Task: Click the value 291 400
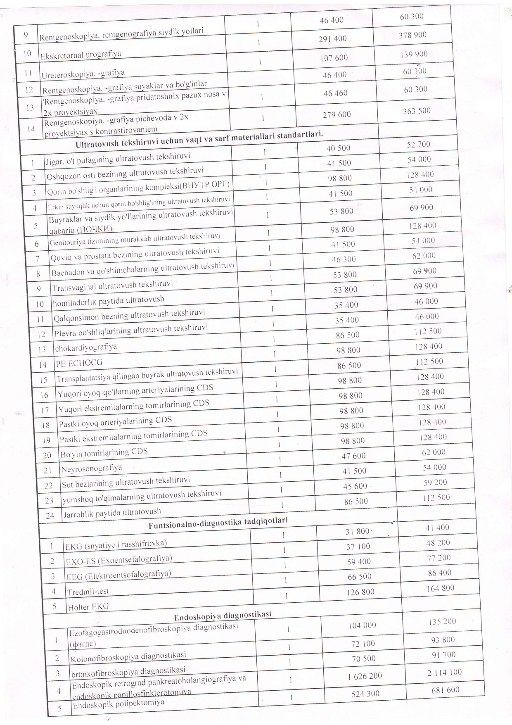[x=332, y=38]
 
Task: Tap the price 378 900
[x=412, y=35]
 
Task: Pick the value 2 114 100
[x=444, y=672]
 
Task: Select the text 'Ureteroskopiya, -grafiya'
[x=83, y=74]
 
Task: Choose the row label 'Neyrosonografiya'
[x=91, y=468]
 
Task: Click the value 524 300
[x=365, y=694]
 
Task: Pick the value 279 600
[x=337, y=114]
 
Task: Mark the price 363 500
[x=417, y=111]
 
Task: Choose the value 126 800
[x=360, y=592]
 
